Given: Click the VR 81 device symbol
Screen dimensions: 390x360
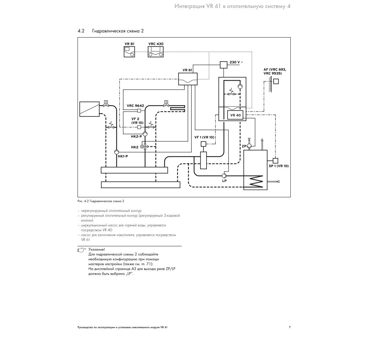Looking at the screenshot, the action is pos(129,52).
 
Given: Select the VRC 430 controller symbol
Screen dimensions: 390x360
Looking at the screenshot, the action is pos(156,52).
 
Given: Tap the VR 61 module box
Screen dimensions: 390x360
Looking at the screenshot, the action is pos(188,79).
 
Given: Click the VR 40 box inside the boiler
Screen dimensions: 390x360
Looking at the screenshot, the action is pos(235,115).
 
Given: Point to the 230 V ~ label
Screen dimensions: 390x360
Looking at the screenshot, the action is pos(236,62).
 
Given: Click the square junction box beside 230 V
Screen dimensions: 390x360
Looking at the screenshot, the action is pos(223,65).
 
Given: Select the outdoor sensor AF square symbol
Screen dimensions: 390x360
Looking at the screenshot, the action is pos(276,81).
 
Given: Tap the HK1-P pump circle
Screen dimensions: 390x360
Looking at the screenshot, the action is pos(117,152).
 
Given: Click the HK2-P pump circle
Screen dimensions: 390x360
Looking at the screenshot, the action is pos(145,134).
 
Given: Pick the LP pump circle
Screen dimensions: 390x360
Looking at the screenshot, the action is pos(224,175).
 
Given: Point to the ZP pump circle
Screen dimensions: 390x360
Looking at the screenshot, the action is pos(249,146).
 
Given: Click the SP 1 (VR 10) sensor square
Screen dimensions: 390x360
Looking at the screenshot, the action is pos(275,161).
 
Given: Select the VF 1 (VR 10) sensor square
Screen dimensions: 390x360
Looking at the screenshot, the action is pos(203,144).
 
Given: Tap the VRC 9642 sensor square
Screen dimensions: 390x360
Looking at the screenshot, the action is pos(139,111).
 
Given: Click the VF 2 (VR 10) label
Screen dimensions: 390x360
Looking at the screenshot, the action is pos(137,121).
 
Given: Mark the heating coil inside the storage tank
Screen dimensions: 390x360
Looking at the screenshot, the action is pos(256,181).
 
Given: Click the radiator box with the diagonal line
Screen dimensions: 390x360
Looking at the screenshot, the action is pos(89,109).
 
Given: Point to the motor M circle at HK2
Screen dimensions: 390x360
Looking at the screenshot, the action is pos(142,147).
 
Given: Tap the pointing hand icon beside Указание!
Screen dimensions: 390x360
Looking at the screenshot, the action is pos(82,250).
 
